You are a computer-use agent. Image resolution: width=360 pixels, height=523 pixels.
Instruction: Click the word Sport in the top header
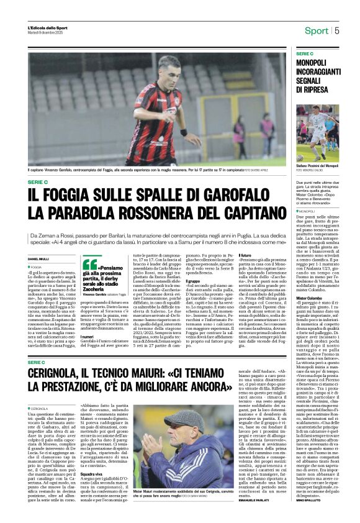tap(316, 30)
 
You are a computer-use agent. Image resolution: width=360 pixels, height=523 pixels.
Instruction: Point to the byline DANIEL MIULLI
tap(39, 258)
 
